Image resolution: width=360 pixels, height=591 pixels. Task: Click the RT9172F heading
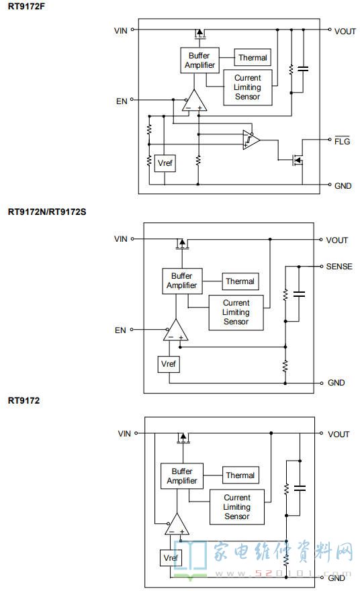(26, 7)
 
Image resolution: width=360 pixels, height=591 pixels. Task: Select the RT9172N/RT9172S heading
(47, 212)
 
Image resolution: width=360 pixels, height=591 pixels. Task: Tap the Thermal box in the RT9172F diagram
(253, 58)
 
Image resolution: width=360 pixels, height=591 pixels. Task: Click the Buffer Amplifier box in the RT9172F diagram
(199, 60)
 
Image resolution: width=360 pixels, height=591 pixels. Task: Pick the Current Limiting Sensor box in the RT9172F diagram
(248, 87)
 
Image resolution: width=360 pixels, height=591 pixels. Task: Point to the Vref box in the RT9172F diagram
(165, 163)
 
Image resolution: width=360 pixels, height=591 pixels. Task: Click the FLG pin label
(342, 141)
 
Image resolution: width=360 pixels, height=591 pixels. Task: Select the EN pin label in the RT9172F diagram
(122, 101)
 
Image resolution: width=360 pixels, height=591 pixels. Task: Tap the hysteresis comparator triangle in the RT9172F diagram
(251, 140)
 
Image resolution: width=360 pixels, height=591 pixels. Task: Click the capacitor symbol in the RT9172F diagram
(303, 69)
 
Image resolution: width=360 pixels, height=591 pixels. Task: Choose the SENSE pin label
(339, 267)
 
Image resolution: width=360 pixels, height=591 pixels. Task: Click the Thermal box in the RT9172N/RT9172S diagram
(240, 281)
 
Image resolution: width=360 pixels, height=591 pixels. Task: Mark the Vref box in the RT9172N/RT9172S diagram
(168, 364)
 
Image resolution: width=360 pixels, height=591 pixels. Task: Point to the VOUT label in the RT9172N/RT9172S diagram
(336, 240)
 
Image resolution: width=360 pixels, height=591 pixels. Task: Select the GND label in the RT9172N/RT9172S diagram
(336, 383)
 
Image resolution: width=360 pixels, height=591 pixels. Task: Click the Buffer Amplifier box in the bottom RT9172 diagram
(182, 476)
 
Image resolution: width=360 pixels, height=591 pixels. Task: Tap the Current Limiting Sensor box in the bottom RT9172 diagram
(236, 507)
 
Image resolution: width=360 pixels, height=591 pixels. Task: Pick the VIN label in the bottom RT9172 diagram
(124, 433)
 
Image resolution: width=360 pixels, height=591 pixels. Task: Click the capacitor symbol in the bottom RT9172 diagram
(300, 488)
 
